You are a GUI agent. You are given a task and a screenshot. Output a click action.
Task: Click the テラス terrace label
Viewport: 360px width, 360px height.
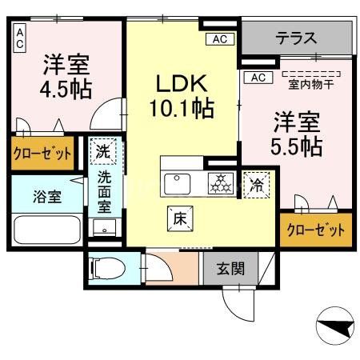click(x=297, y=37)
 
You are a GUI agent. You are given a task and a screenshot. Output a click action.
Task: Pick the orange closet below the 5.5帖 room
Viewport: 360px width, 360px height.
click(x=317, y=229)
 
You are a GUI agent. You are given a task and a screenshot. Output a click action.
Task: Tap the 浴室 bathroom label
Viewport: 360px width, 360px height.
click(x=38, y=197)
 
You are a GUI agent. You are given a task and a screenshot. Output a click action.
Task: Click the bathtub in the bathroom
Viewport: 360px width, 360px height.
click(x=43, y=231)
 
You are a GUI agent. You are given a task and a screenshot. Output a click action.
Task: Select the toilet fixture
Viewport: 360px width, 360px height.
click(x=107, y=268)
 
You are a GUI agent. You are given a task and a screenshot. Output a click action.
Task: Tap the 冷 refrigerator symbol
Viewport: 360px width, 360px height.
click(x=257, y=183)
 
